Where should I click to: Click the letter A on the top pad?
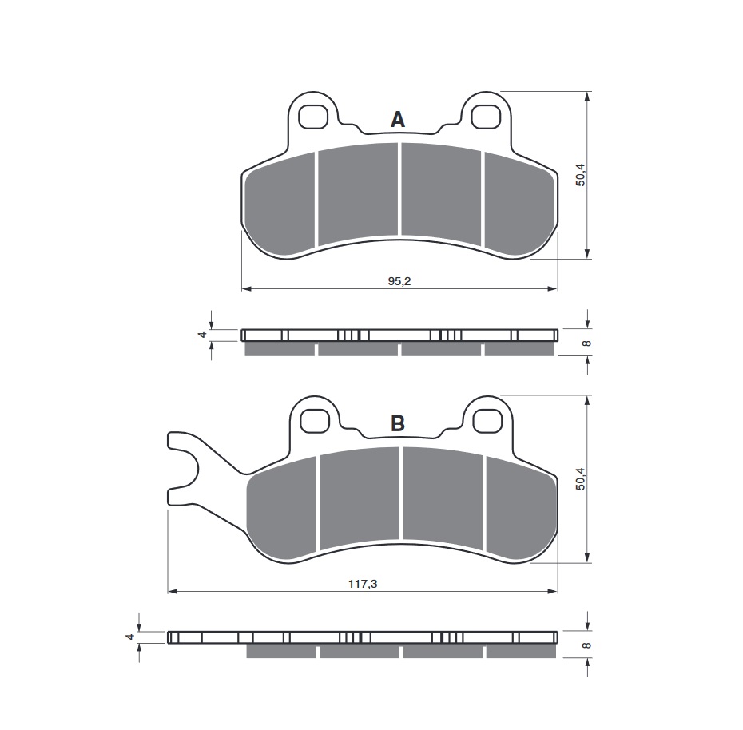(x=398, y=120)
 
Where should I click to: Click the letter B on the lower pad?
(x=398, y=423)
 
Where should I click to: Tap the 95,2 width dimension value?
(x=399, y=281)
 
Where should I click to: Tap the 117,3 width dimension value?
(x=363, y=584)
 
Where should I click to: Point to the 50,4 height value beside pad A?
(x=581, y=175)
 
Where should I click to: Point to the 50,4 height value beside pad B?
(x=581, y=478)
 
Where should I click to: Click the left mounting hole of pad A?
(x=314, y=117)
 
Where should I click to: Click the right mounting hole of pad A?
(x=487, y=117)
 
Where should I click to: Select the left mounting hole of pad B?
(x=316, y=421)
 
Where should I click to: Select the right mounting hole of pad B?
(x=488, y=421)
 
